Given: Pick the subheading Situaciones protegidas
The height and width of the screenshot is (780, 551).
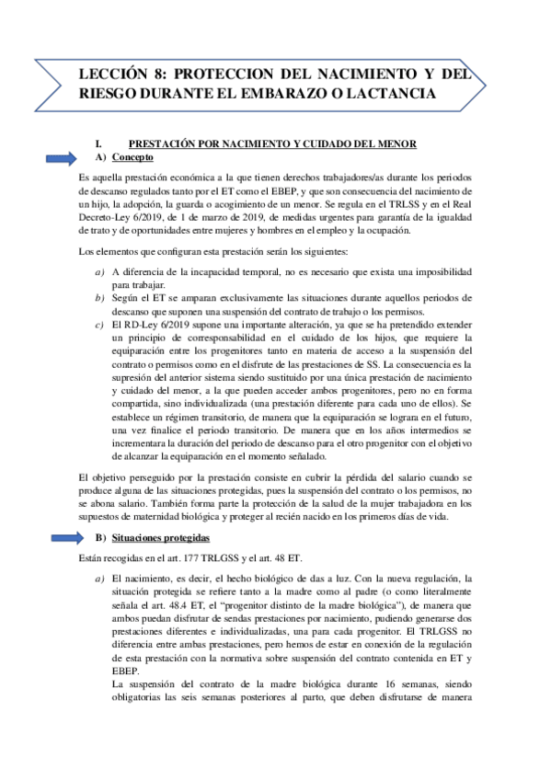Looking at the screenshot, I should point(158,537).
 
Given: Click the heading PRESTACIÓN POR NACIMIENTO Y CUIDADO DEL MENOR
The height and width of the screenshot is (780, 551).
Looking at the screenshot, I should point(272,143).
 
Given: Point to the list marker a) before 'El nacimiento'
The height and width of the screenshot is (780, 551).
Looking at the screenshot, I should point(99,578).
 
